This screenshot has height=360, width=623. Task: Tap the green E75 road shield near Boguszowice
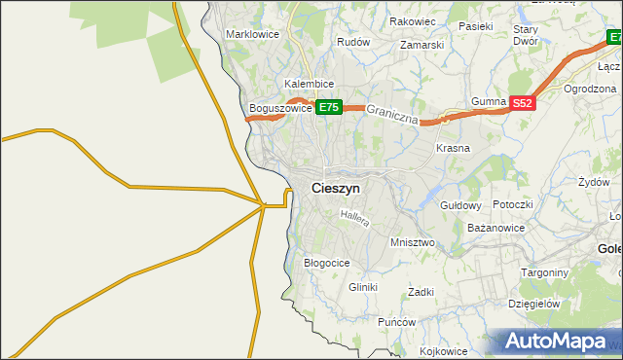click(328, 108)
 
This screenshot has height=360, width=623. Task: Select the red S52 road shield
click(523, 102)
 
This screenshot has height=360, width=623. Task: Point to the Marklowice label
click(252, 34)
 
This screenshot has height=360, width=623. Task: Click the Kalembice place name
click(310, 85)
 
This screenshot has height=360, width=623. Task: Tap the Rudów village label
click(353, 43)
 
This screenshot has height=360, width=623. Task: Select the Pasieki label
click(477, 26)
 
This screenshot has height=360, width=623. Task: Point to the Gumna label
click(489, 102)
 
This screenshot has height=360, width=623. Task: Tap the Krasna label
click(453, 148)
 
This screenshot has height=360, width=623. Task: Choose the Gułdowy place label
click(461, 205)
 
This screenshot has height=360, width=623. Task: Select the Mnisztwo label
click(411, 241)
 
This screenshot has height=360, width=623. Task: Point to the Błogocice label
click(327, 263)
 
